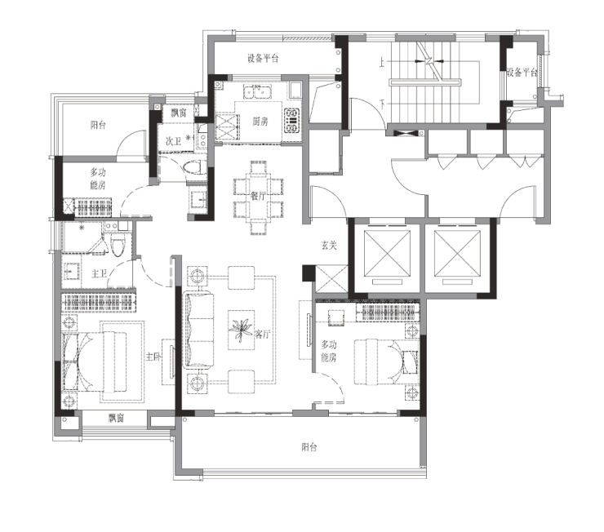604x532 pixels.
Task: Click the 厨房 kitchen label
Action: coord(260,122)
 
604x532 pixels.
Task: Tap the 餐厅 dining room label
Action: coord(258,196)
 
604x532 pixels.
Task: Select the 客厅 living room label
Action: coord(262,335)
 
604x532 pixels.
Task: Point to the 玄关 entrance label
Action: coord(329,245)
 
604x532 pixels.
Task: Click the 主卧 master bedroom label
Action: coord(153,357)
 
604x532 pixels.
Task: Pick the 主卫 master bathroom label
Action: coord(99,273)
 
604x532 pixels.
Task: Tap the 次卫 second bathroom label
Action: coord(173,141)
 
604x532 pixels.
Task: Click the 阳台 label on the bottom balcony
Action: coord(309,447)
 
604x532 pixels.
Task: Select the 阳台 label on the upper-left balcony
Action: coord(98,125)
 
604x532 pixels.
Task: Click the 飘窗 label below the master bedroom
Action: coord(116,418)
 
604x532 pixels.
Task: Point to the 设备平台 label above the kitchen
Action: coord(263,59)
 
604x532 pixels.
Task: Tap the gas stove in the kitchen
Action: coord(292,121)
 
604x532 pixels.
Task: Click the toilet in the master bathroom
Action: coord(118,246)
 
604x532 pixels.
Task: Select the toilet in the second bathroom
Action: coord(194,167)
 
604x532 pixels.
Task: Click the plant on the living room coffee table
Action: coord(241,330)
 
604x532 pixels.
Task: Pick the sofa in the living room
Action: coord(199,330)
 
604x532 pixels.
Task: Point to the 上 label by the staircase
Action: coord(382,63)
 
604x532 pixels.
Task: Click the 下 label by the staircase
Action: coord(382,104)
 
